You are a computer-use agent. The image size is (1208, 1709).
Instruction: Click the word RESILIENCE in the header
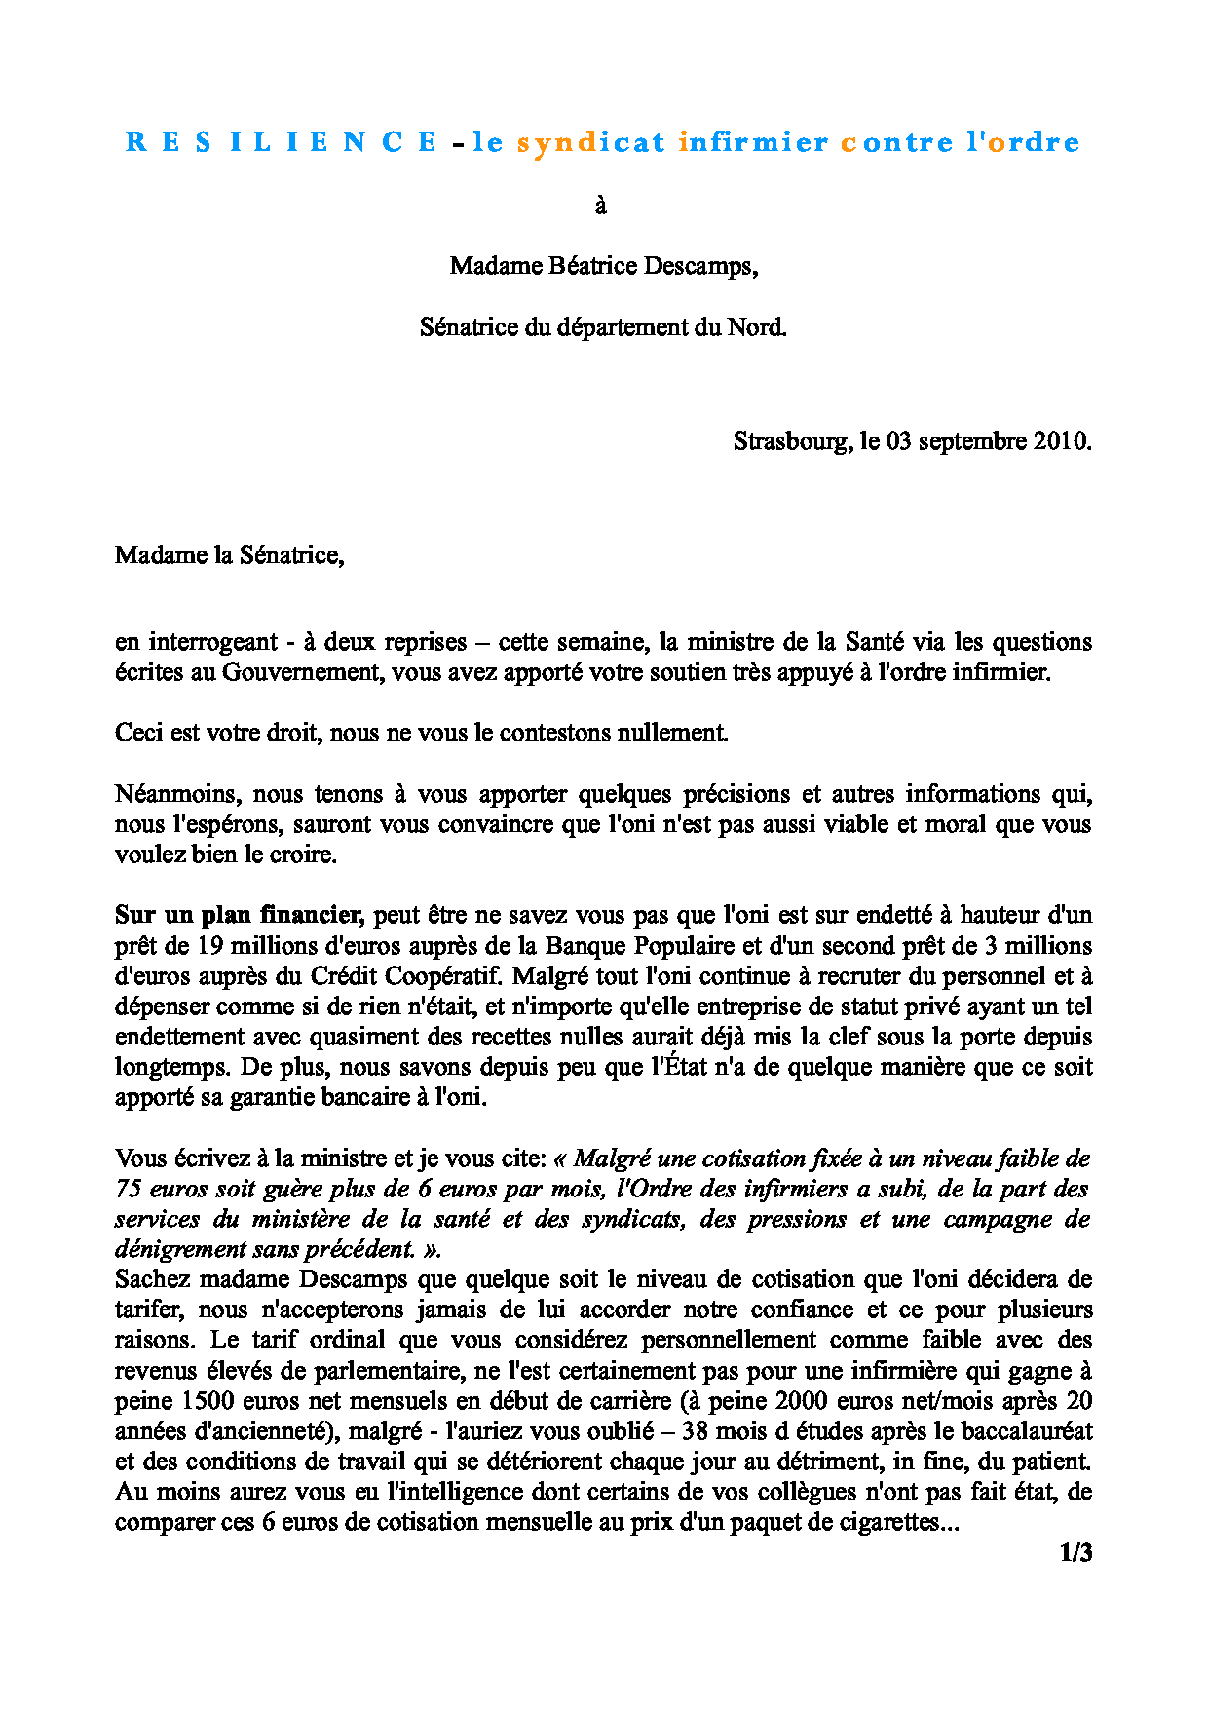pyautogui.click(x=282, y=142)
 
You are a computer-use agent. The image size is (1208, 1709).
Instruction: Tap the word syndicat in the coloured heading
pyautogui.click(x=590, y=142)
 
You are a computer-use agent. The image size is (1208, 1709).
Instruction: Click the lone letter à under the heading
pyautogui.click(x=601, y=206)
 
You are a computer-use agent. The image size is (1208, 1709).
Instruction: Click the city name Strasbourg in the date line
pyautogui.click(x=791, y=441)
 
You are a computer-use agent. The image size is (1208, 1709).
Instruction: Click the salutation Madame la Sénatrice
pyautogui.click(x=229, y=555)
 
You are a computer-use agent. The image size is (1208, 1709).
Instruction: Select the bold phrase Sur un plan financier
pyautogui.click(x=239, y=915)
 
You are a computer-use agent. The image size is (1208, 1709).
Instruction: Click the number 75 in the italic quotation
pyautogui.click(x=128, y=1189)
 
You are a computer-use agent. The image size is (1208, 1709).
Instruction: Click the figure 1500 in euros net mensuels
pyautogui.click(x=208, y=1401)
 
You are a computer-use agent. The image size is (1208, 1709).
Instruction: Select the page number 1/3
pyautogui.click(x=1076, y=1553)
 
